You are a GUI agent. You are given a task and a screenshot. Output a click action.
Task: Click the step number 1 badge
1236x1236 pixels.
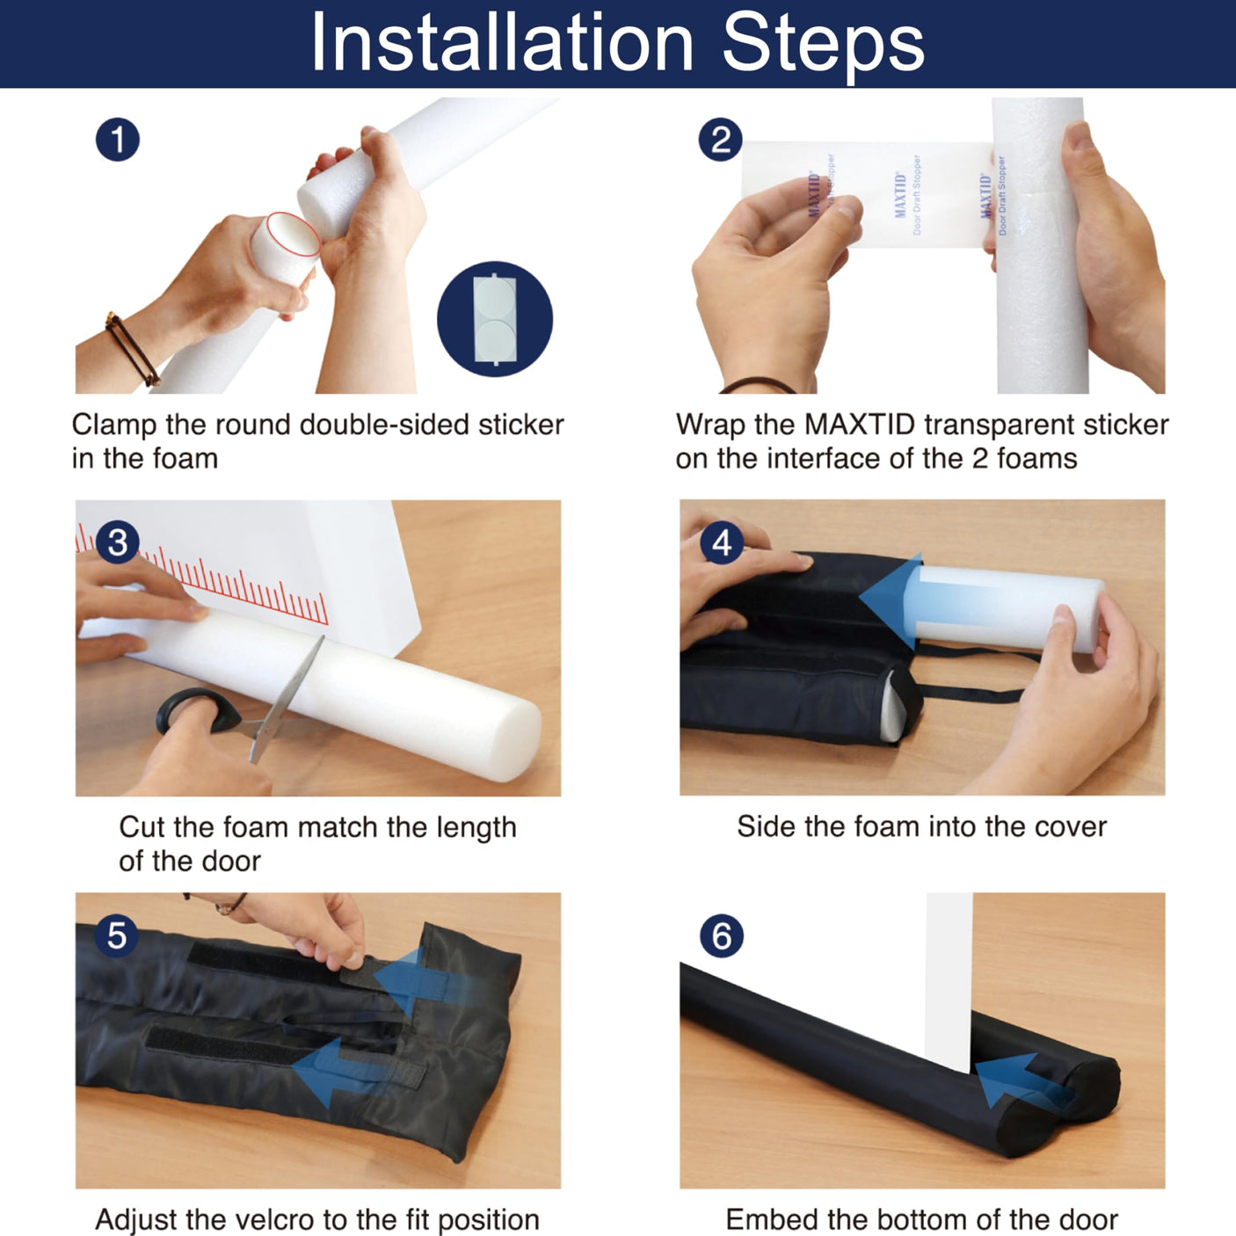pyautogui.click(x=118, y=140)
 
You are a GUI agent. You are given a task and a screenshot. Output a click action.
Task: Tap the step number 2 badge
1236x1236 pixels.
pyautogui.click(x=720, y=140)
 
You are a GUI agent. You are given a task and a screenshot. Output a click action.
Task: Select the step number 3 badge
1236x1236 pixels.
pyautogui.click(x=118, y=542)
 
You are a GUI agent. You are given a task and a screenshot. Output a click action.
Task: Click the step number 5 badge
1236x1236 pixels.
pyautogui.click(x=117, y=936)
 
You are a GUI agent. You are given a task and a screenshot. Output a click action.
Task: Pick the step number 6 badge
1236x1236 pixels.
pyautogui.click(x=722, y=936)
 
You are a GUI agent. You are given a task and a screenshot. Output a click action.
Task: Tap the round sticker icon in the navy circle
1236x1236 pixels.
pyautogui.click(x=495, y=319)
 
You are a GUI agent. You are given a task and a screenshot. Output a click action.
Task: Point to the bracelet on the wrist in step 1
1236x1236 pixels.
pyautogui.click(x=132, y=349)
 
